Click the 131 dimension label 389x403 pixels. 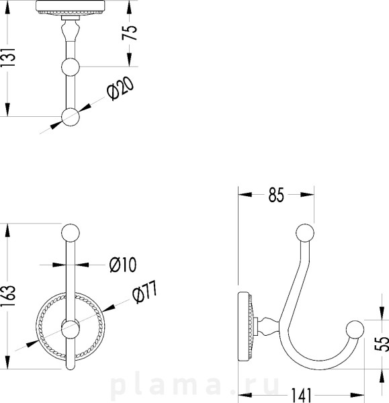pyautogui.click(x=8, y=57)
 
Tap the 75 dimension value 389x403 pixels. pyautogui.click(x=129, y=33)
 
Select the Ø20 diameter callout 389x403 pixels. pyautogui.click(x=120, y=89)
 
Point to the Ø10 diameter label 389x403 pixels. pyautogui.click(x=123, y=265)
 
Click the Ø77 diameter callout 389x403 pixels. pyautogui.click(x=144, y=292)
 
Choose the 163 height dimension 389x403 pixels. pyautogui.click(x=8, y=296)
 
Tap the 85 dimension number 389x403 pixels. pyautogui.click(x=276, y=195)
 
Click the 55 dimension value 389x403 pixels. pyautogui.click(x=382, y=344)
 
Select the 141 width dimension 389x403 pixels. pyautogui.click(x=301, y=395)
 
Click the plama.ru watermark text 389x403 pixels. pyautogui.click(x=195, y=385)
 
